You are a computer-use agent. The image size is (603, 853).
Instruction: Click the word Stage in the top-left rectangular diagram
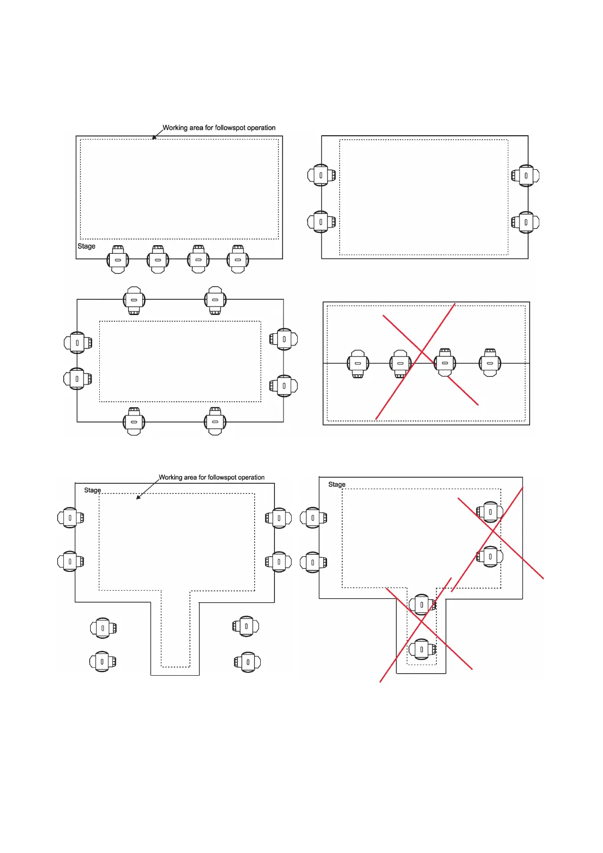[86, 246]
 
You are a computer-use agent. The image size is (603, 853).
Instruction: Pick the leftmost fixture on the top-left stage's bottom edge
[118, 259]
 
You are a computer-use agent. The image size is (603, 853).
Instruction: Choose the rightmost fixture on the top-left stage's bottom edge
[238, 259]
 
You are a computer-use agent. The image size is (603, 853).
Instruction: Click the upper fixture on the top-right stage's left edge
[321, 175]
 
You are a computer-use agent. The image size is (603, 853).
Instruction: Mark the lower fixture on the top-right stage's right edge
[526, 222]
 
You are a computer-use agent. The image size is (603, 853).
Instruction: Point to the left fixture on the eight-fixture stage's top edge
[134, 300]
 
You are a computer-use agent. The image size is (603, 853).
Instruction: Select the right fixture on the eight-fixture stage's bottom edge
[215, 421]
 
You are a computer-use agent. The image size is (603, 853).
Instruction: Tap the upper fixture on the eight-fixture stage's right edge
[284, 339]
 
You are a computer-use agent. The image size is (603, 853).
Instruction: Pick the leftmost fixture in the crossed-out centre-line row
[358, 364]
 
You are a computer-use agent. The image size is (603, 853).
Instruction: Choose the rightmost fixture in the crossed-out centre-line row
[490, 363]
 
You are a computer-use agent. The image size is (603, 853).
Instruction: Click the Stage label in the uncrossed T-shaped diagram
[92, 490]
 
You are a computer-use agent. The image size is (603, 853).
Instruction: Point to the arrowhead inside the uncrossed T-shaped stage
[138, 497]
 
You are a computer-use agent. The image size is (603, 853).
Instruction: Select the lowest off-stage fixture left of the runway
[102, 662]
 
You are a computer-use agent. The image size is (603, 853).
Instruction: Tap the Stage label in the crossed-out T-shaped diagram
[337, 485]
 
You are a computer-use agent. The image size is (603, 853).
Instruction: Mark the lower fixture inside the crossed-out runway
[422, 649]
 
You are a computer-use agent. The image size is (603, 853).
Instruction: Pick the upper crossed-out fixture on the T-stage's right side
[490, 512]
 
